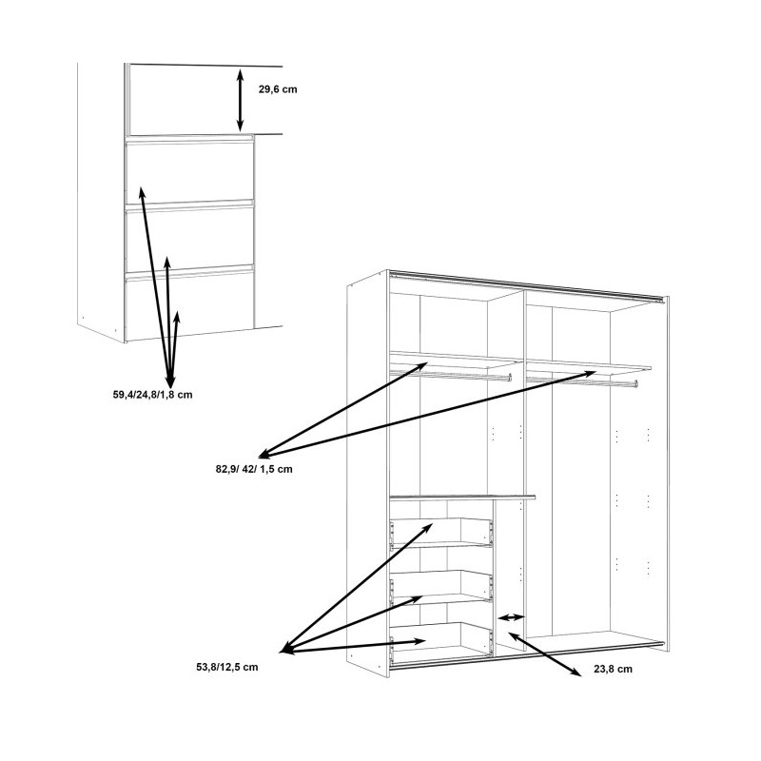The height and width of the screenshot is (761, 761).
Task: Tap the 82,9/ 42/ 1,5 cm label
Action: click(x=254, y=469)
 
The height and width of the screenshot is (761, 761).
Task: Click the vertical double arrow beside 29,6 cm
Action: click(x=240, y=99)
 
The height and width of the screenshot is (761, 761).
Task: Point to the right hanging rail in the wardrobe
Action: click(x=580, y=381)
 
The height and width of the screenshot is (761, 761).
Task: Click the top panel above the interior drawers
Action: click(x=462, y=497)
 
